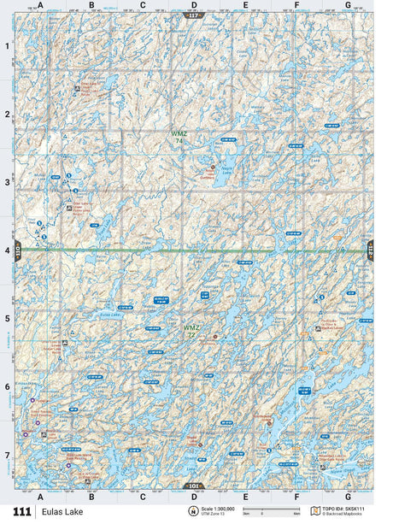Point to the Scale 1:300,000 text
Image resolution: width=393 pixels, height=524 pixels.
click(218, 508)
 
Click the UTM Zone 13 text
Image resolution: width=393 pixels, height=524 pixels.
click(214, 513)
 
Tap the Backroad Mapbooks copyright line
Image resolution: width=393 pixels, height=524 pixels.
click(345, 514)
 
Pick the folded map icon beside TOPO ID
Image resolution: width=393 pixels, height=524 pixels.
click(314, 510)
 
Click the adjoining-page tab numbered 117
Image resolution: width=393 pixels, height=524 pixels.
click(193, 15)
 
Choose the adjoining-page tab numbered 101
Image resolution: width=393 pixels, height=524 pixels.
click(193, 486)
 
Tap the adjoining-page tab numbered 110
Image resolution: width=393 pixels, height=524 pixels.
click(16, 250)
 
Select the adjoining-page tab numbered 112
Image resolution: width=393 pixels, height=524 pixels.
click(371, 250)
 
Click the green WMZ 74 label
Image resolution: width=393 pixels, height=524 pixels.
click(178, 137)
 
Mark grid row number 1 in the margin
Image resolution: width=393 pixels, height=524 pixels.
click(7, 47)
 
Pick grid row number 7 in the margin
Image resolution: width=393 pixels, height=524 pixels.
click(7, 455)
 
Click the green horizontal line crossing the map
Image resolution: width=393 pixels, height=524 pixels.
click(128, 250)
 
